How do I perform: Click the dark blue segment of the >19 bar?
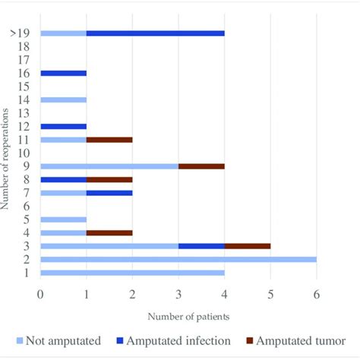(x=155, y=33)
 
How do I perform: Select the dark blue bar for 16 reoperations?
(x=63, y=73)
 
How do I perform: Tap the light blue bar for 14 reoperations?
(x=63, y=99)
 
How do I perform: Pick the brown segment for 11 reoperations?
(x=109, y=139)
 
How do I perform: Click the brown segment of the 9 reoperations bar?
(x=201, y=166)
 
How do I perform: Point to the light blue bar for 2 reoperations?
(x=178, y=259)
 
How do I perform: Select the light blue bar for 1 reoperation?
(x=132, y=272)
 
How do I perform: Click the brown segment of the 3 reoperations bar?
(x=248, y=245)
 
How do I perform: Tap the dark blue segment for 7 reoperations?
(x=109, y=193)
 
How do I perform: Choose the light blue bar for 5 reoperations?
(x=63, y=219)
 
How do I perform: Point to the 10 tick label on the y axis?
(x=24, y=153)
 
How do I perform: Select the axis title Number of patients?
(x=179, y=315)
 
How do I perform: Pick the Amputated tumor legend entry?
(x=297, y=342)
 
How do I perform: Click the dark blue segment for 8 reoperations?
(x=63, y=179)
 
